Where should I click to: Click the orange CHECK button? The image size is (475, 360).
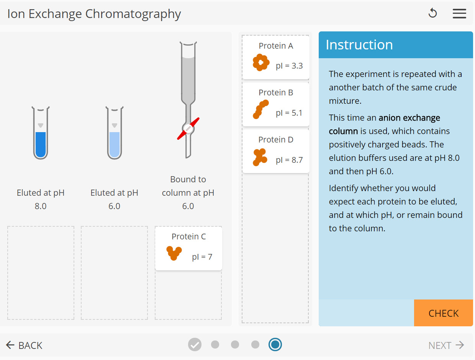(x=443, y=313)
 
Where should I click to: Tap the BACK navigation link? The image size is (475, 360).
(x=24, y=345)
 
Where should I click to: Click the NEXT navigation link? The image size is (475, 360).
(x=446, y=345)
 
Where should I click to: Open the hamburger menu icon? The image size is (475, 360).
(x=459, y=13)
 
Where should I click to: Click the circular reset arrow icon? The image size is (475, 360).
(x=432, y=13)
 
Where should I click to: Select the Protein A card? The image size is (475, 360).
(x=276, y=57)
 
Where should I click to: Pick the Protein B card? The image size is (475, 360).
(x=276, y=104)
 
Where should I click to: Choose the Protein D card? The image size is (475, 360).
(x=276, y=151)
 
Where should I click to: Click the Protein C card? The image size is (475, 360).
(x=188, y=248)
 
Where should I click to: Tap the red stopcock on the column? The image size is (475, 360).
(x=188, y=129)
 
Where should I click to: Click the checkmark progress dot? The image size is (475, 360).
(x=195, y=345)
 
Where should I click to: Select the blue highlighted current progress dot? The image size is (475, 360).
(x=275, y=345)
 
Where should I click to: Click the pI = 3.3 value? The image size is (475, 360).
(x=289, y=66)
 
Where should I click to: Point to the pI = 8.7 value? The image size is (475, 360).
(x=289, y=160)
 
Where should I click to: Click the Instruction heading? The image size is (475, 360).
(x=359, y=45)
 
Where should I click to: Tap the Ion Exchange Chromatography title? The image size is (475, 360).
(x=94, y=14)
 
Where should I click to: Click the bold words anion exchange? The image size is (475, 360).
(x=409, y=118)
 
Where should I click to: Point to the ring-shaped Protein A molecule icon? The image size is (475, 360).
(x=260, y=62)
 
